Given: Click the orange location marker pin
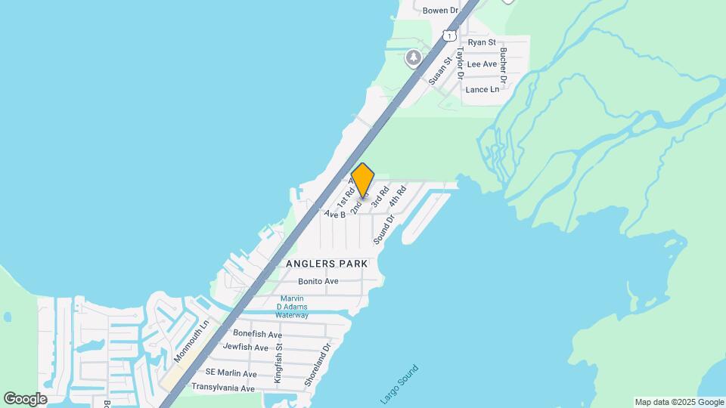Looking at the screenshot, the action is (x=363, y=181).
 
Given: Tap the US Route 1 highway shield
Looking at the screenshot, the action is (x=450, y=36).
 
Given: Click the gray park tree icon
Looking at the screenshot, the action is (x=413, y=57).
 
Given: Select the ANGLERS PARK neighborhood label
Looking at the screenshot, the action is (x=327, y=264).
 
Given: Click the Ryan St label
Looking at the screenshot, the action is (x=482, y=43).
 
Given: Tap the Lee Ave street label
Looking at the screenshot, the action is (x=482, y=64).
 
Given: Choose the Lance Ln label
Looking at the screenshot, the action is (x=482, y=89).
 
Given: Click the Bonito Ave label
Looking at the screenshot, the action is (x=318, y=281).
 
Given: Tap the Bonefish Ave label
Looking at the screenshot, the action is (x=257, y=334).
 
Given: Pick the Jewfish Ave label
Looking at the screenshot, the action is (x=245, y=348).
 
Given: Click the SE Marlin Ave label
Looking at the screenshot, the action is (x=231, y=374).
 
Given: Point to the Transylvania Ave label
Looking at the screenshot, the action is (x=222, y=388).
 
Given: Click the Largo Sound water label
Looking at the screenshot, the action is (x=399, y=384).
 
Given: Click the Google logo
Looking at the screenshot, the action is (x=25, y=399).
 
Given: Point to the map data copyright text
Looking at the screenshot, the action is (x=679, y=403).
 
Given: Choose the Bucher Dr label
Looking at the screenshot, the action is (x=503, y=66).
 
